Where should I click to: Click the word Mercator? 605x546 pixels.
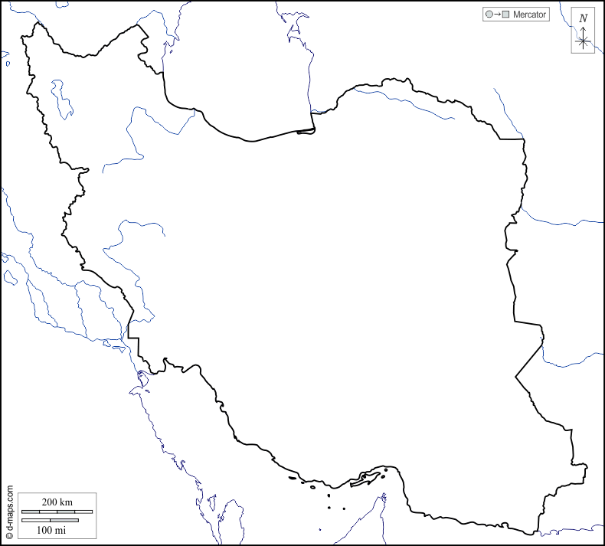click(530, 15)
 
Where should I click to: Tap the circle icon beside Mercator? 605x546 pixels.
click(489, 15)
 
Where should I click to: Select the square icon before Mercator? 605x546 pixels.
click(506, 15)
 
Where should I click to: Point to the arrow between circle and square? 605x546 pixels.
click(497, 15)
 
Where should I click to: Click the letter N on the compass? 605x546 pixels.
click(584, 18)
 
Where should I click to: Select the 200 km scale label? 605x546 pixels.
click(57, 502)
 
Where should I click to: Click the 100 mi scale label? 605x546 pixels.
click(51, 530)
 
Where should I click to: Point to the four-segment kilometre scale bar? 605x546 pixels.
click(57, 512)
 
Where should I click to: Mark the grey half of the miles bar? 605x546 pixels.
click(64, 521)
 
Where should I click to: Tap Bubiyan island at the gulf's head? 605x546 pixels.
click(142, 377)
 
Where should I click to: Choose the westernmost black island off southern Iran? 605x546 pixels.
click(293, 479)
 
